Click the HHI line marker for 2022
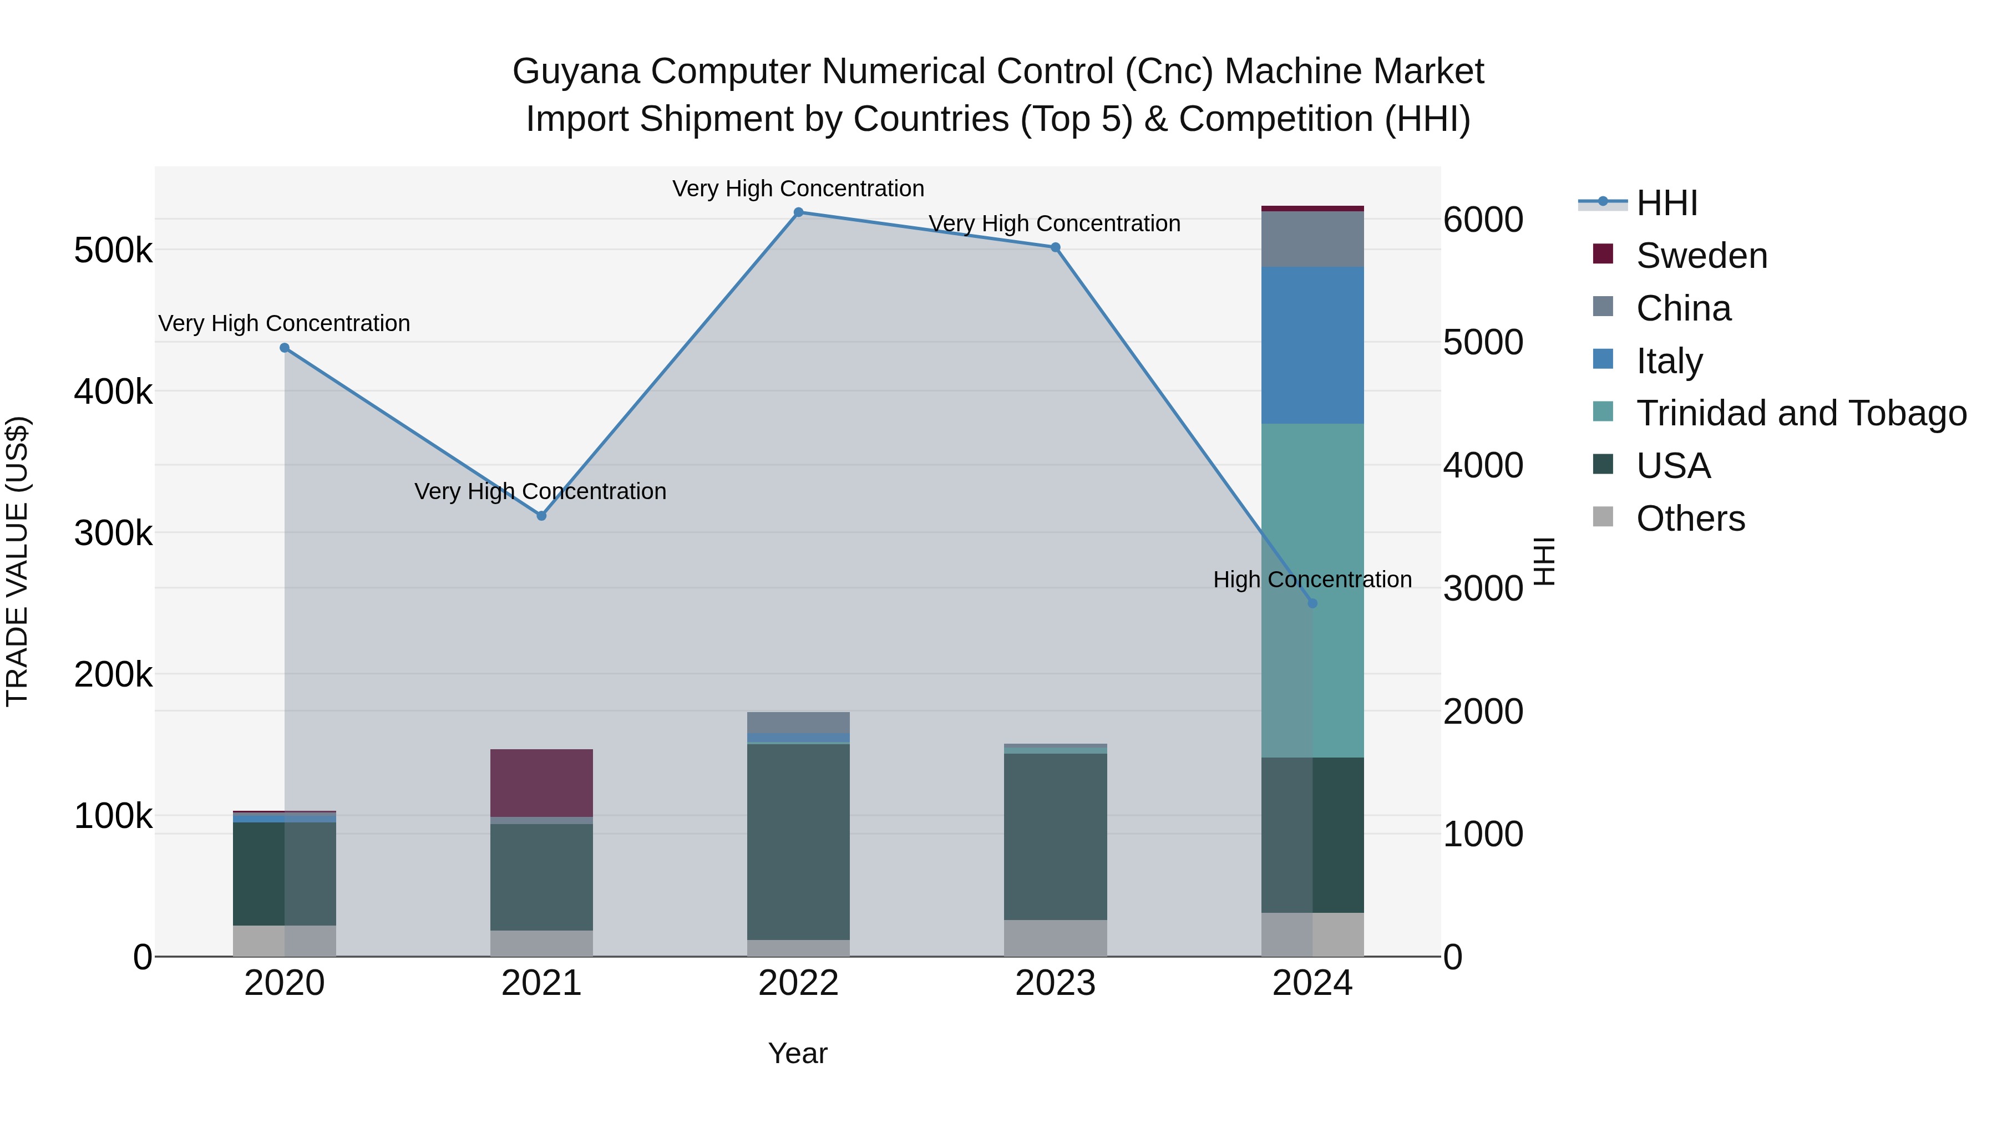[798, 212]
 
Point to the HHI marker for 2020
[285, 348]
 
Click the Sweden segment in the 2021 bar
[542, 782]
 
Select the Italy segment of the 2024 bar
[1312, 345]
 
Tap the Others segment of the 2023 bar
[1055, 938]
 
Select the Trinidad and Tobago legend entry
[1800, 413]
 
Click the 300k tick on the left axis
[113, 533]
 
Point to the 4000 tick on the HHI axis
[1483, 465]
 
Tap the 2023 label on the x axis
[1055, 983]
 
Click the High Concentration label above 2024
[1312, 580]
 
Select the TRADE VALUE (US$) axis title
[17, 561]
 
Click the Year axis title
[798, 1053]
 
